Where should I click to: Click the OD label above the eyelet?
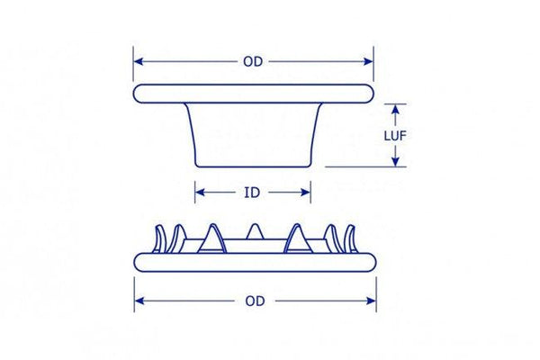tap(253, 62)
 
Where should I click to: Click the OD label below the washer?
tap(255, 301)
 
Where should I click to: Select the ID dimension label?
tap(252, 193)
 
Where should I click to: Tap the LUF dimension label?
tap(395, 136)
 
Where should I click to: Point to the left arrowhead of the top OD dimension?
tap(139, 62)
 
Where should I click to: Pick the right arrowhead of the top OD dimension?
tap(368, 62)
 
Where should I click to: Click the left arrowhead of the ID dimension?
tap(200, 193)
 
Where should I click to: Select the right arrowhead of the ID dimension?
tap(305, 193)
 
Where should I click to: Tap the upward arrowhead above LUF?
tap(395, 109)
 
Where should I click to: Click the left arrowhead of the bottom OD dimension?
tap(139, 301)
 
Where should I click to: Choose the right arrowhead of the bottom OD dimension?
tap(371, 301)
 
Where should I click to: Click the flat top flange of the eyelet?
tap(254, 94)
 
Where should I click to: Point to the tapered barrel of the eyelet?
tap(254, 135)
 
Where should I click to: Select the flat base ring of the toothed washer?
tap(255, 263)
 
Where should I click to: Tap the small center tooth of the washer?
tap(255, 231)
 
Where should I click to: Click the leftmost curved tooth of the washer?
tap(159, 238)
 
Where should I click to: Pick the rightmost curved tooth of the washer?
tap(350, 238)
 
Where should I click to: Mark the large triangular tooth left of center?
tap(212, 239)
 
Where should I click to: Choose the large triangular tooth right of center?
tap(298, 239)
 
